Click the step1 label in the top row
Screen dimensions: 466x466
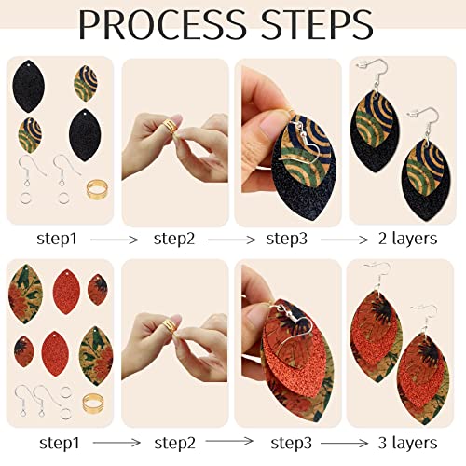click(x=61, y=239)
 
